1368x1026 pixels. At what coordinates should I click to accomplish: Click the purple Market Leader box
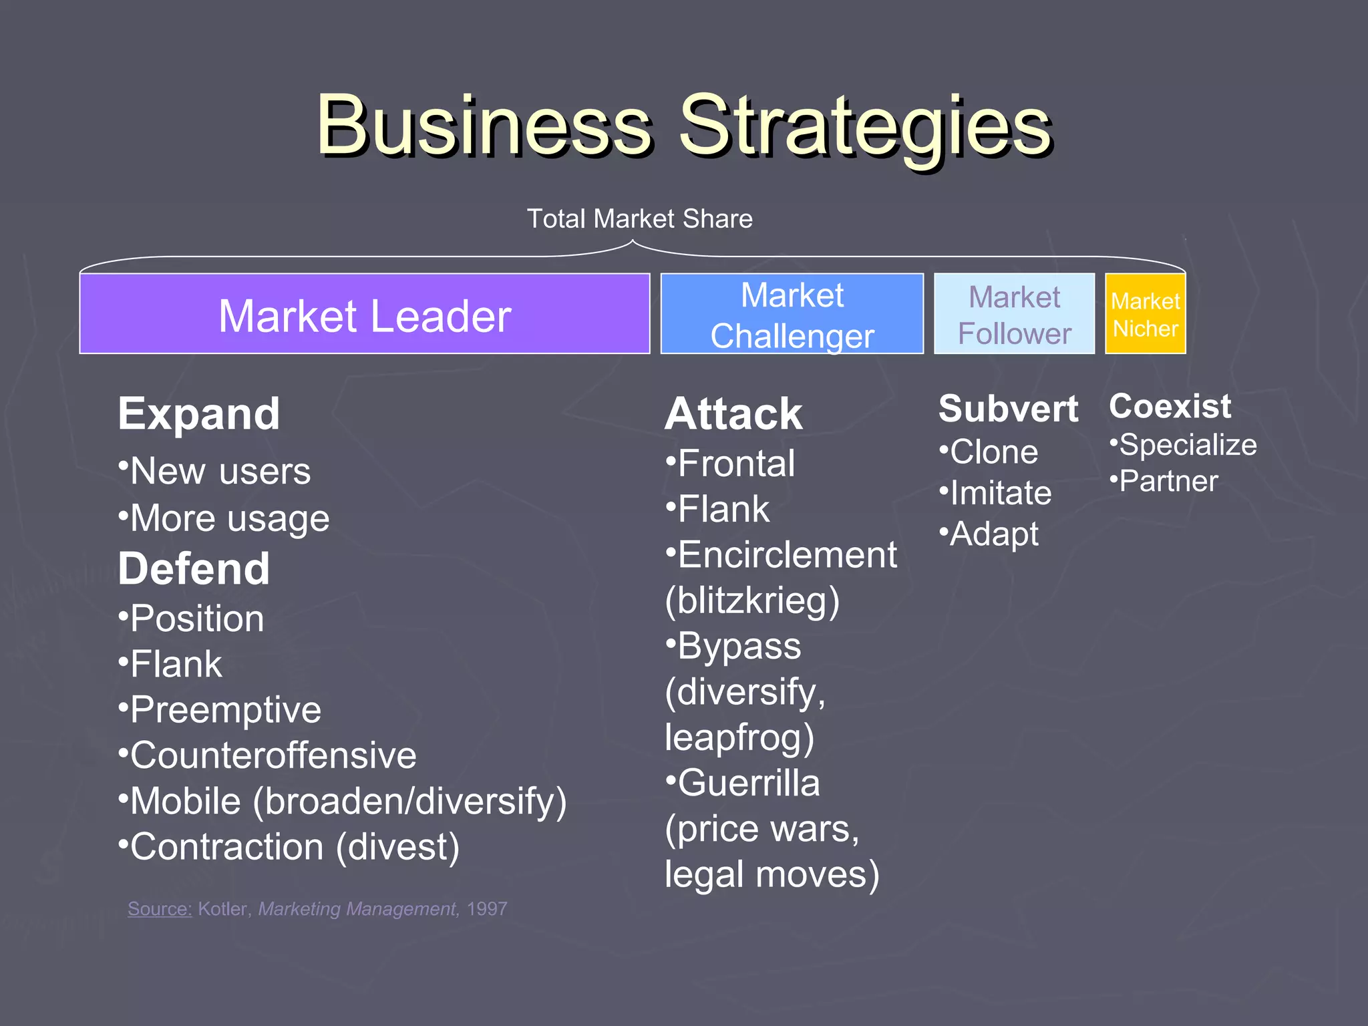(365, 314)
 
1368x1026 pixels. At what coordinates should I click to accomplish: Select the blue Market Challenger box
(792, 314)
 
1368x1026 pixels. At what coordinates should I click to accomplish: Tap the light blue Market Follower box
(1014, 314)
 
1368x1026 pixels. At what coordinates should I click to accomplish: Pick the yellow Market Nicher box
(1145, 314)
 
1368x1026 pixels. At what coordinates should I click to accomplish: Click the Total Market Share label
(639, 219)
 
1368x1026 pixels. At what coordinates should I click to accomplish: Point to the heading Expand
(199, 414)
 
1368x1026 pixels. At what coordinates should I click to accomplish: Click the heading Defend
(194, 569)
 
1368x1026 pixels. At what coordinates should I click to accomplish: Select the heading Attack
(733, 414)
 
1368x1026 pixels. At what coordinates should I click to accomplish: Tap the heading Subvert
(1008, 409)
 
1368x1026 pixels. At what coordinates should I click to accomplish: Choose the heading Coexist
(1170, 406)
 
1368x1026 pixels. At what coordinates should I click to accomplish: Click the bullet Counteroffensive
(273, 755)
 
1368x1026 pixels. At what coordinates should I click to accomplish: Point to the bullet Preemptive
(225, 709)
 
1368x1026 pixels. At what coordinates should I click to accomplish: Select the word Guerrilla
(748, 783)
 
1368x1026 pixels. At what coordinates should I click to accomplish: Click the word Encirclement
(787, 555)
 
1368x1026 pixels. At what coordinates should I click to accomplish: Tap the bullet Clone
(993, 452)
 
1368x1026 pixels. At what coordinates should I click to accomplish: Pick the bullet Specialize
(1188, 445)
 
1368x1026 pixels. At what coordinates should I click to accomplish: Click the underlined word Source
(160, 909)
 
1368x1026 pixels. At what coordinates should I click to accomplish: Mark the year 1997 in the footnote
(487, 909)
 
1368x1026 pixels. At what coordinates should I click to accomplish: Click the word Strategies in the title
(865, 127)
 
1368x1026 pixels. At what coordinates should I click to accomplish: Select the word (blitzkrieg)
(752, 601)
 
